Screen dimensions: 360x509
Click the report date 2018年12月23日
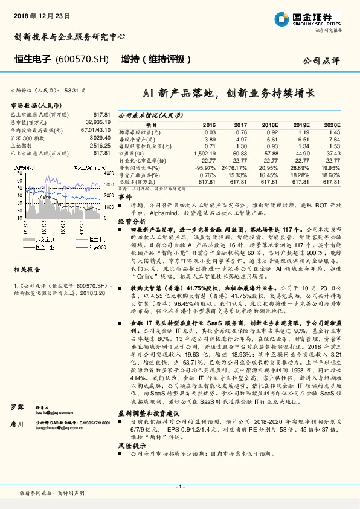42,13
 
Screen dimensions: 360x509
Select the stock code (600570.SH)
82,60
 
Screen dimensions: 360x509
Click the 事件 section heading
125,198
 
